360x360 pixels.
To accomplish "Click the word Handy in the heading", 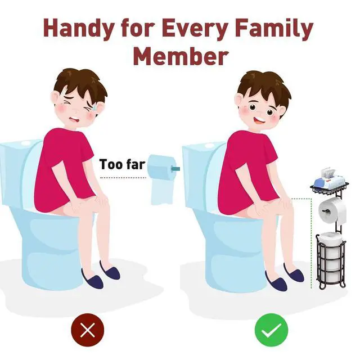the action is point(78,29).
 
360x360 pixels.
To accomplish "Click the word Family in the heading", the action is point(274,29).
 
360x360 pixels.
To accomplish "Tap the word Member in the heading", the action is point(181,56).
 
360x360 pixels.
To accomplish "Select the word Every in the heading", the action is point(194,29).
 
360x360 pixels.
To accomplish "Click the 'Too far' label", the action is point(123,164).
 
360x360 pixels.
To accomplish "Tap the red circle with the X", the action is point(88,330).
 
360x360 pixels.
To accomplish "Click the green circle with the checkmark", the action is point(271,330).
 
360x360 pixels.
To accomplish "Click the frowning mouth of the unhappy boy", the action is point(75,119).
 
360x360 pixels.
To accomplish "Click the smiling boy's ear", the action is point(241,103).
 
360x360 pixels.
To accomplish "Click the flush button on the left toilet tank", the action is point(26,143).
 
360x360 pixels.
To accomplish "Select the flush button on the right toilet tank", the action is point(209,146).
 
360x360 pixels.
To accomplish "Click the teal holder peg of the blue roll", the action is point(175,169).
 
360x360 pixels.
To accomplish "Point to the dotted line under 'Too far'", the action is point(123,178).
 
